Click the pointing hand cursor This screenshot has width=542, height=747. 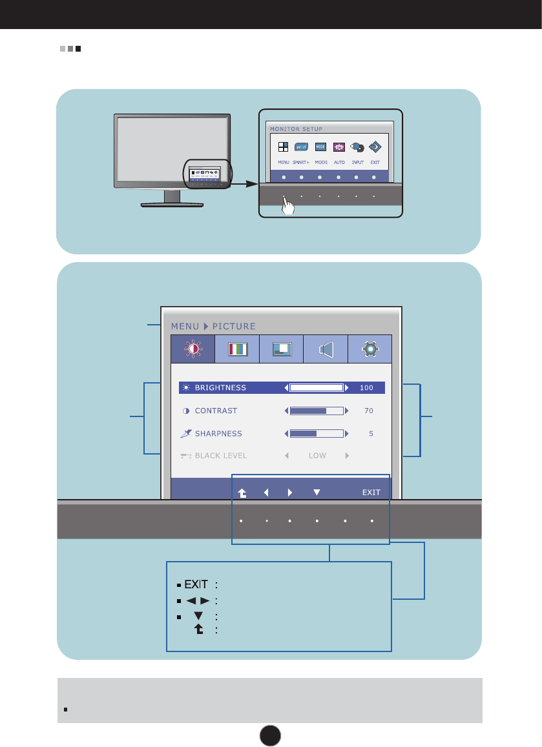click(x=289, y=206)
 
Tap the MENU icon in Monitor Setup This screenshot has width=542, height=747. click(x=284, y=147)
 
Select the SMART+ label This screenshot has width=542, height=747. click(x=302, y=161)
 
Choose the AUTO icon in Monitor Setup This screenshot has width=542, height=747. click(x=339, y=147)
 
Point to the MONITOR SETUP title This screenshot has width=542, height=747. click(x=296, y=129)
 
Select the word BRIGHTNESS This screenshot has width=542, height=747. click(x=220, y=388)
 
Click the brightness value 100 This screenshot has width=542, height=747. click(x=366, y=388)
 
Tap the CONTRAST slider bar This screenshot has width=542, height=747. click(x=316, y=411)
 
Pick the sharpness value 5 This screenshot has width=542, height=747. click(x=371, y=434)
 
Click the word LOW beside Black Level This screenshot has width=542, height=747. click(x=317, y=456)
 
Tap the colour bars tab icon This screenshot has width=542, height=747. click(x=237, y=349)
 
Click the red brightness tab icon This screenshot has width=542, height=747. click(x=193, y=349)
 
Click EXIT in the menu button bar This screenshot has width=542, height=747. click(x=371, y=493)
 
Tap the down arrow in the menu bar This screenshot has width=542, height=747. click(x=317, y=493)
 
